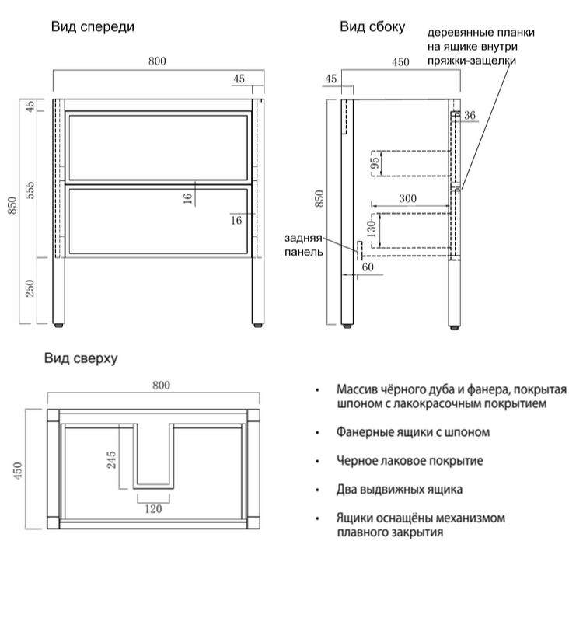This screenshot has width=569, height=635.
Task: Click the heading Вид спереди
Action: [x=93, y=26]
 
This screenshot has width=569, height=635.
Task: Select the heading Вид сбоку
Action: [x=372, y=26]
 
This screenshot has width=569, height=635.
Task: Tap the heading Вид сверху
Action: [x=80, y=358]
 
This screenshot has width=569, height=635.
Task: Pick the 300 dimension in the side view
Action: [x=407, y=199]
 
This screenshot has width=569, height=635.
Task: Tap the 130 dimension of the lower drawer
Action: [x=372, y=229]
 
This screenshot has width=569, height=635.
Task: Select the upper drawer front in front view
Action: [x=159, y=147]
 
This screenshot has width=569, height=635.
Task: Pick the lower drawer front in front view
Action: [x=159, y=221]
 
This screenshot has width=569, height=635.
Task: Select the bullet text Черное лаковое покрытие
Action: [x=410, y=461]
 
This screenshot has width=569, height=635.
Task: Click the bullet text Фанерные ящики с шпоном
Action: [x=413, y=432]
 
